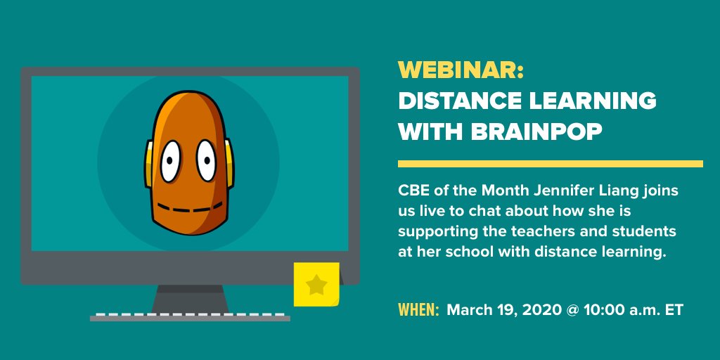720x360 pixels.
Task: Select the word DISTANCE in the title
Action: [x=457, y=101]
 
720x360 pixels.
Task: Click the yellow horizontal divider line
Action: [x=550, y=164]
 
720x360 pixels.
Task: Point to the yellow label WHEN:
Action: [x=419, y=310]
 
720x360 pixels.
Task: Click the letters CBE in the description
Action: [x=413, y=191]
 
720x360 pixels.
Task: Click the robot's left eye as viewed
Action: [x=169, y=161]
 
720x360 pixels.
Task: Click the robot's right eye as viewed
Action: [x=205, y=160]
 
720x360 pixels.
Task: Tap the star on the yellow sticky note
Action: [x=316, y=285]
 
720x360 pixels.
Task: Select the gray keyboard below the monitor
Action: [x=190, y=316]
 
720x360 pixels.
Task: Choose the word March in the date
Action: [x=468, y=310]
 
